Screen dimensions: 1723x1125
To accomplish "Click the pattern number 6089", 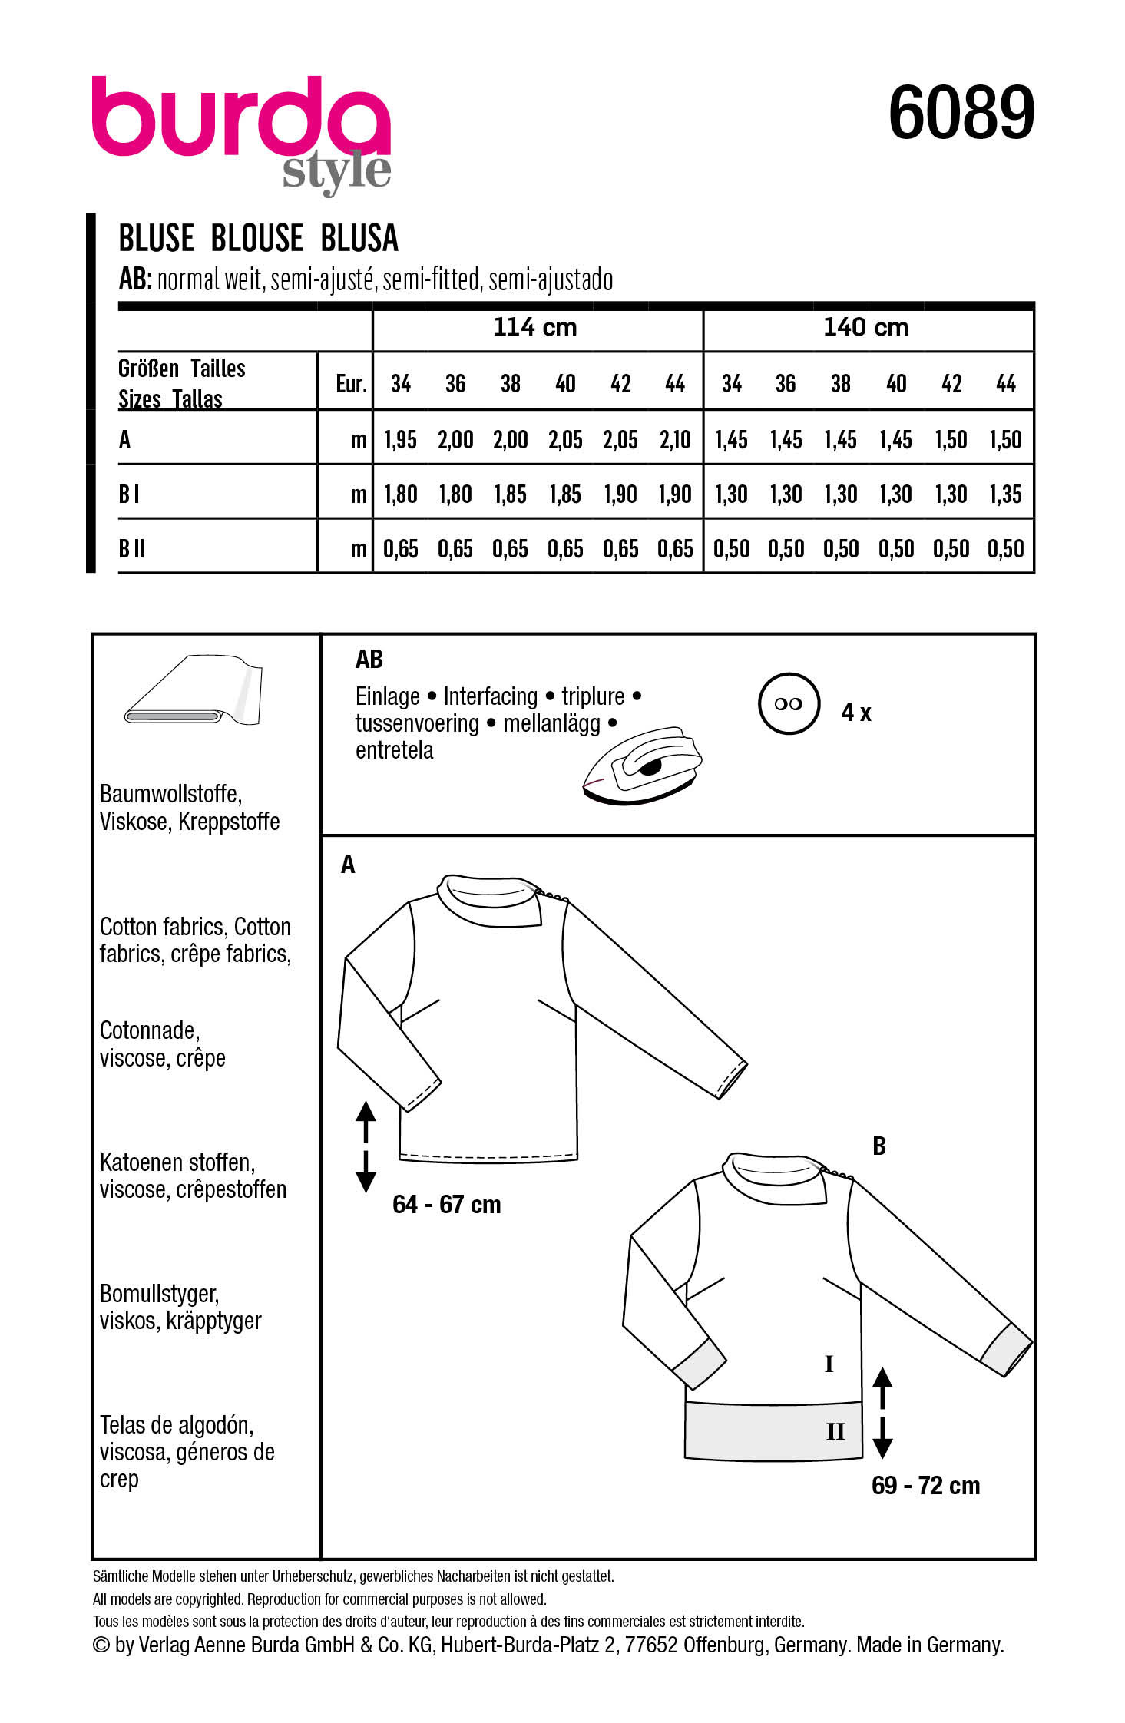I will [961, 114].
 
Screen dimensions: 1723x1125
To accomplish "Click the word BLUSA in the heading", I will [359, 239].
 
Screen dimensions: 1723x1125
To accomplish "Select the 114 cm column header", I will [535, 328].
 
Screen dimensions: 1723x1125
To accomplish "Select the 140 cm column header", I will [865, 328].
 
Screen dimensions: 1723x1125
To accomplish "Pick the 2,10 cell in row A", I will [675, 440].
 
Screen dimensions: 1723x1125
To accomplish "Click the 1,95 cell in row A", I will [400, 440].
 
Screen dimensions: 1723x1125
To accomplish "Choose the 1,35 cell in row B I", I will [1005, 494].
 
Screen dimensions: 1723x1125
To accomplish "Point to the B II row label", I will [132, 549].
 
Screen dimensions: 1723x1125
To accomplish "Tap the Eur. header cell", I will [351, 384].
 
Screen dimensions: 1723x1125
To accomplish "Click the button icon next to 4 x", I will [788, 704].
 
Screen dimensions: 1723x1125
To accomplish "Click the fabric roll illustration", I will [194, 691].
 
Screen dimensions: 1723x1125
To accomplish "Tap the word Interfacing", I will [490, 696].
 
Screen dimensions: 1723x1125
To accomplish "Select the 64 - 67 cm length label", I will [446, 1204].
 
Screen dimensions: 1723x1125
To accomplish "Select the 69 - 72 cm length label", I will [925, 1485].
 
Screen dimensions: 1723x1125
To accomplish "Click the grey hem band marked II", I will [773, 1430].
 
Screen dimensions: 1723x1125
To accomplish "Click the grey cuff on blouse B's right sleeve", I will [1008, 1349].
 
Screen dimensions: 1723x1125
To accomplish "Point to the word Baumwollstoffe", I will [170, 793].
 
